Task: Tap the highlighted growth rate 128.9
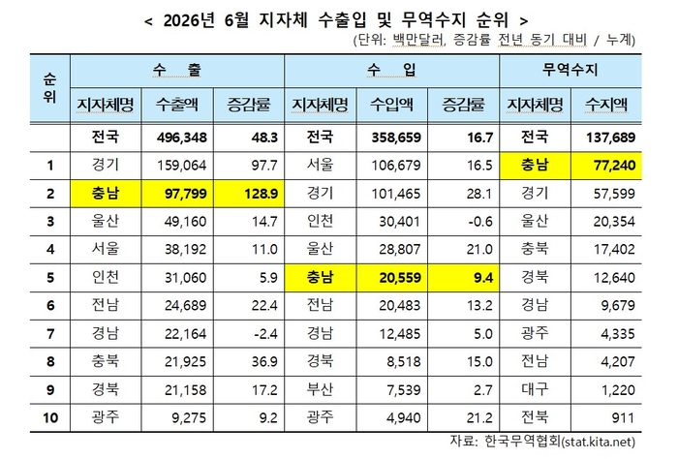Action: (261, 194)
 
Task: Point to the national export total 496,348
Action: (182, 138)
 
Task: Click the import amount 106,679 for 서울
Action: (396, 166)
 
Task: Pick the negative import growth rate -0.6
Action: (480, 222)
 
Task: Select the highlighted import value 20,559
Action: (400, 278)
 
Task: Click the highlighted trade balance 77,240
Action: (614, 166)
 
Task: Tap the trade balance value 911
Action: (623, 418)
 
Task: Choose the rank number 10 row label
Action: (50, 418)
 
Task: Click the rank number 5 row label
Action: (50, 278)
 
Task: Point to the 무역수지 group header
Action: (570, 70)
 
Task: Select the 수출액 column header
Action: (177, 105)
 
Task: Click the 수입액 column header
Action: (391, 105)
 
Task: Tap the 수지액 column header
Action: (606, 105)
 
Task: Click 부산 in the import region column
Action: (320, 389)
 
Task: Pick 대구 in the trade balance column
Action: (535, 389)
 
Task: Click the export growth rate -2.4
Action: (264, 334)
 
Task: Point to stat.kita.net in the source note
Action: (598, 442)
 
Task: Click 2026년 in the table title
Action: (189, 20)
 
